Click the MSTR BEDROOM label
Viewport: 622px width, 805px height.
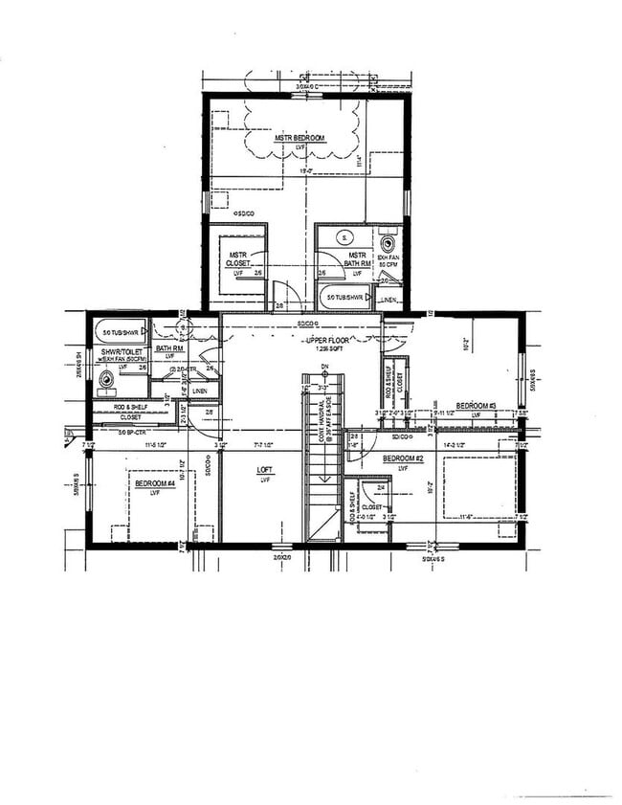click(x=300, y=139)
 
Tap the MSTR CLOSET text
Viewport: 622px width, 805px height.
click(x=238, y=258)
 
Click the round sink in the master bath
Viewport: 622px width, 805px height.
click(x=347, y=237)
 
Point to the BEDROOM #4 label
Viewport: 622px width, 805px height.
click(x=154, y=484)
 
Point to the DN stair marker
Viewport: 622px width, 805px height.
click(x=324, y=367)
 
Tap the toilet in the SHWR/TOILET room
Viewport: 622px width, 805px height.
click(x=107, y=379)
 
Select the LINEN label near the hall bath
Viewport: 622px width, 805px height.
click(x=199, y=391)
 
